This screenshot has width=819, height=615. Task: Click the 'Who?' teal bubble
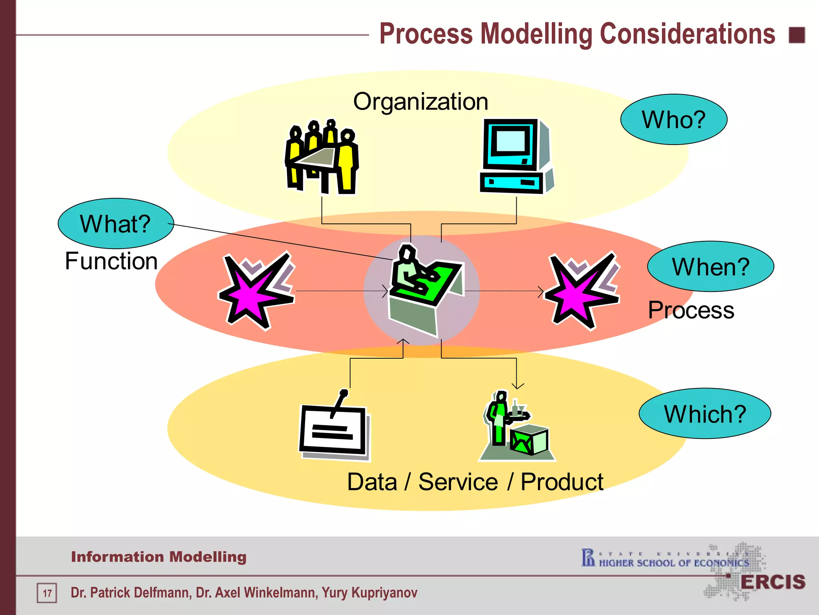coord(673,119)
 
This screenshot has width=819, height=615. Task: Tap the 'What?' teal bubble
coord(116,223)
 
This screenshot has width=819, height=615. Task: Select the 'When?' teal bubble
coord(710,267)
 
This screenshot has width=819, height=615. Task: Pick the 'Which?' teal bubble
coord(705,414)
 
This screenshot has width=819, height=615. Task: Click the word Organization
coord(421,102)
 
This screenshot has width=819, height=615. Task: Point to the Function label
coord(111,261)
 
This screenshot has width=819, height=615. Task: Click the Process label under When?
coord(691,310)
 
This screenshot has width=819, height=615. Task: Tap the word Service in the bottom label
coord(458,482)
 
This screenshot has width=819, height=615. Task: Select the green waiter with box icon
coord(516,426)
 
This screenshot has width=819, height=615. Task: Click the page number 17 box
coord(47,593)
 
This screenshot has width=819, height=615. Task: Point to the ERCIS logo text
coord(773,582)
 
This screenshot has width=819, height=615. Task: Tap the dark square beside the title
coord(797,35)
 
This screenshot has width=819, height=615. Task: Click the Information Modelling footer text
coord(159,557)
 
